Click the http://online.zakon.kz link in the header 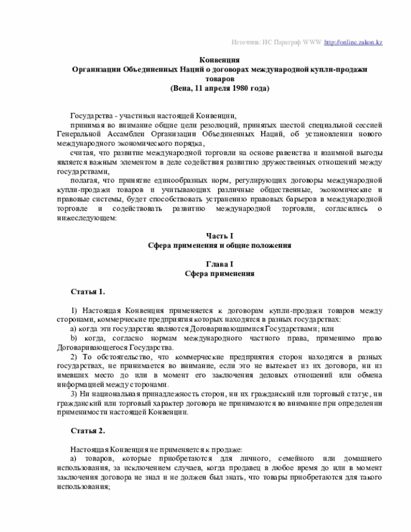[x=353, y=42]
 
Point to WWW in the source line [x=312, y=42]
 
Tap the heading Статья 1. [x=88, y=292]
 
